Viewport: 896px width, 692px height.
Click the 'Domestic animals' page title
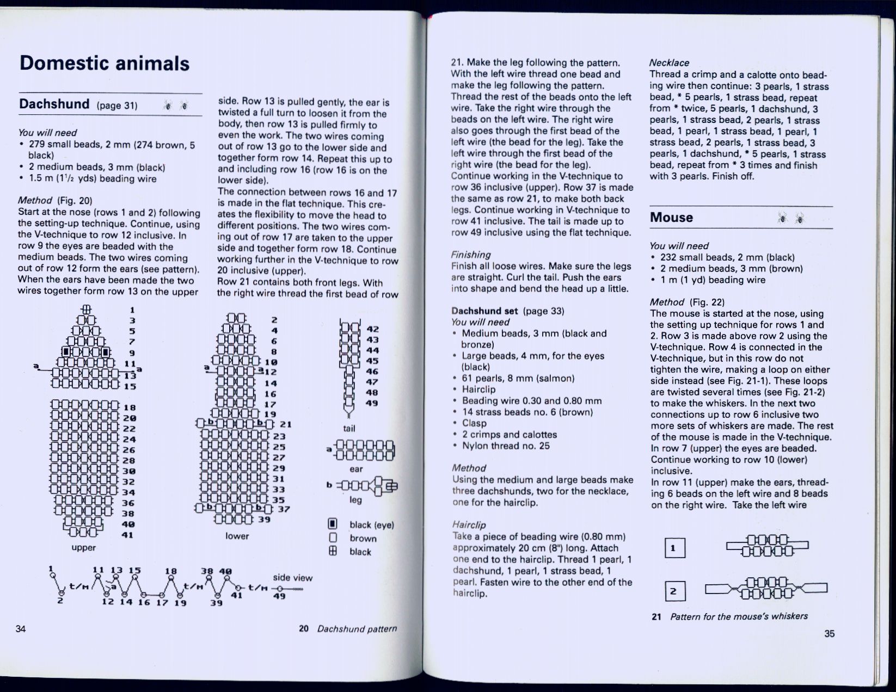tap(105, 63)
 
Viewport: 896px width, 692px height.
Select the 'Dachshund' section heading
tap(54, 104)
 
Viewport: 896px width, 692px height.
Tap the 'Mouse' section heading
tap(671, 218)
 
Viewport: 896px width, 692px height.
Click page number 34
tap(21, 629)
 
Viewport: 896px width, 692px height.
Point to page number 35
tap(829, 633)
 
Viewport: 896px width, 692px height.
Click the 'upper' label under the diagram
tap(83, 547)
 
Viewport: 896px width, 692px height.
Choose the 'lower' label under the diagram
tap(237, 536)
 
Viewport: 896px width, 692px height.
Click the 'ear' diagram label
tap(356, 469)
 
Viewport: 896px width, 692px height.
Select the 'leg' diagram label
tap(355, 499)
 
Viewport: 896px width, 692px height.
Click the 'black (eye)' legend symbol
tap(332, 525)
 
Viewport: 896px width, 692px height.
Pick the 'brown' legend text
tap(363, 539)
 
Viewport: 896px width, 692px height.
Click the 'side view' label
tap(292, 578)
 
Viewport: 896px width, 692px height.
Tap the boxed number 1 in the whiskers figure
tap(673, 548)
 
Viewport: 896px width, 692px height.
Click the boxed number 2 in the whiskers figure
tap(673, 591)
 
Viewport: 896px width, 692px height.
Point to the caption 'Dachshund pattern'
tap(357, 629)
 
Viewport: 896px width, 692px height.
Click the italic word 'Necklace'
tap(670, 63)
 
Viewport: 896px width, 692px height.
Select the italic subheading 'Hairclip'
tap(469, 525)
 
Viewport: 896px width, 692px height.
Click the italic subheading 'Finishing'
tap(471, 255)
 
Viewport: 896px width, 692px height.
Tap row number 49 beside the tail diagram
tap(372, 403)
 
